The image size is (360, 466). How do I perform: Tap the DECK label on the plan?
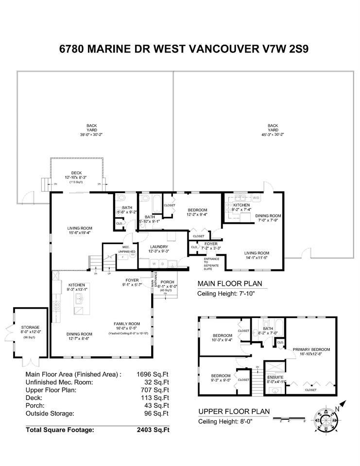77,172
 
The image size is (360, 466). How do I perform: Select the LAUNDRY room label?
159,246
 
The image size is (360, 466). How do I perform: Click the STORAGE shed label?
30,327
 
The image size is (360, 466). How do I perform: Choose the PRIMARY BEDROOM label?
311,349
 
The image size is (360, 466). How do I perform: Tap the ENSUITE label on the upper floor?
275,377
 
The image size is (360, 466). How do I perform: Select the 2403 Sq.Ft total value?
154,430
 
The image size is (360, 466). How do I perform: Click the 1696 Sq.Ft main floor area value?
154,374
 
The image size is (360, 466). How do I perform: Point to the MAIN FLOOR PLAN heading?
229,284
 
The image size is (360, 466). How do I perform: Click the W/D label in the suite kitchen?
257,199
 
